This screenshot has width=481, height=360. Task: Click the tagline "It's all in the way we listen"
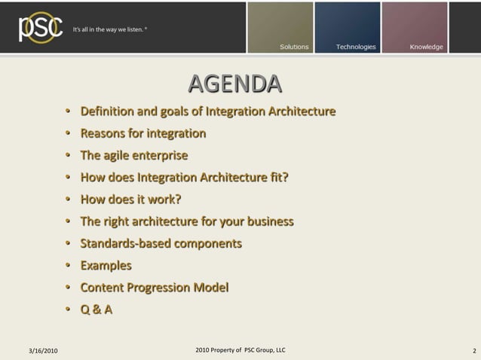(109, 30)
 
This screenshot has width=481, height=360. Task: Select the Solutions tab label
(294, 47)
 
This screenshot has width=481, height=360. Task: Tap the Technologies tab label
(355, 47)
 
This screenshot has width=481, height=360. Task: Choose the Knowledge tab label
(426, 47)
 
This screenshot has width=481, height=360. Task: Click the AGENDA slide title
(234, 83)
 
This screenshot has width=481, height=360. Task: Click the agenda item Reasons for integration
(142, 133)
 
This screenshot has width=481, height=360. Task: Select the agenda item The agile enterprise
(133, 156)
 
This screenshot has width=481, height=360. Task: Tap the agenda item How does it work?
(130, 200)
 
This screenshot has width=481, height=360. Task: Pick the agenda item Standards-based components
(161, 243)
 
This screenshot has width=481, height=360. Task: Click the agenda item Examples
(106, 265)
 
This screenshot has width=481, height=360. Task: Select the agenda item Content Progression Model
(154, 287)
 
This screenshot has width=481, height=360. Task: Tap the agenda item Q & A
(97, 309)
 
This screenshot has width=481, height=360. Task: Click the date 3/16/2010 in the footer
(43, 351)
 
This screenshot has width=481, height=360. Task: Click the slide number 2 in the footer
(473, 351)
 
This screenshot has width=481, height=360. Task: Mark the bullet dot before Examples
(67, 266)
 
